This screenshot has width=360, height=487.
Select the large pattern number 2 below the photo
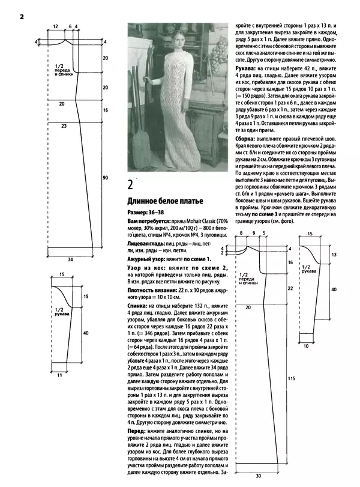[x=131, y=184]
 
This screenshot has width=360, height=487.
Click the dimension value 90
[x=105, y=178]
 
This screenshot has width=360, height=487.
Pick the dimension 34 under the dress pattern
[x=71, y=243]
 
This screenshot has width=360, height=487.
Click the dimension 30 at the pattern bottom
[x=259, y=476]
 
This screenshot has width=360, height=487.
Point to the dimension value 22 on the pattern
[x=290, y=288]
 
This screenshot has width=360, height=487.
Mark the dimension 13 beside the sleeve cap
[x=334, y=255]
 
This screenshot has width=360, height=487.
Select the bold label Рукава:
[x=246, y=69]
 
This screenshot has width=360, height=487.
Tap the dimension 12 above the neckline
[x=55, y=27]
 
